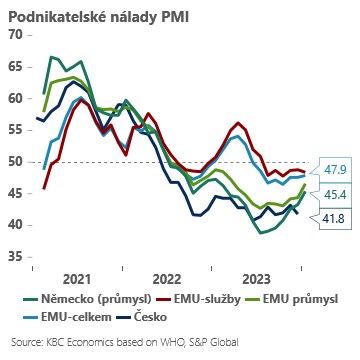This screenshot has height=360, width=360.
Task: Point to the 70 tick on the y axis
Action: coord(15,35)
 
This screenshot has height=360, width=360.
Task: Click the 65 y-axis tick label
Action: coord(15,67)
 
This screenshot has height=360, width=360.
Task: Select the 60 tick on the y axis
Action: coord(15,99)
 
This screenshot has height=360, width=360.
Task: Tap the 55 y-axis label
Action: coord(15,130)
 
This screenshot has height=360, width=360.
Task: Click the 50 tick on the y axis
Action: coord(15,162)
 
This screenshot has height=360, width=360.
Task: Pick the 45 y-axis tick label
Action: coord(15,194)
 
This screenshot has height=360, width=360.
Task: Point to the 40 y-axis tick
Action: coord(15,225)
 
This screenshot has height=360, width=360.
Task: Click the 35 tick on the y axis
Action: coord(15,257)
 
